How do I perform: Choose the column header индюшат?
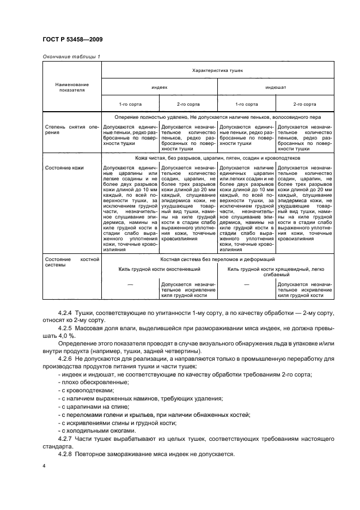pyautogui.click(x=276, y=87)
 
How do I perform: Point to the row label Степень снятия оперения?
pyautogui.click(x=71, y=130)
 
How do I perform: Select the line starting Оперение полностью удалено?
pyautogui.click(x=217, y=117)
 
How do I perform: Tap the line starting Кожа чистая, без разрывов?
pyautogui.click(x=217, y=158)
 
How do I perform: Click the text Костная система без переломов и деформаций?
pyautogui.click(x=217, y=260)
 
